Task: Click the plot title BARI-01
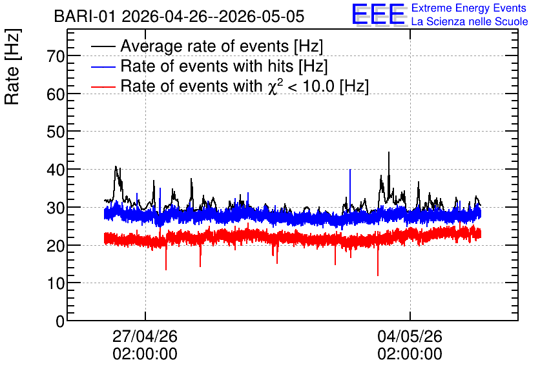point(85,16)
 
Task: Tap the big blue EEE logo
point(379,14)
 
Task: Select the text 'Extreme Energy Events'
point(469,8)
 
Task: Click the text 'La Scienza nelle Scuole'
point(470,21)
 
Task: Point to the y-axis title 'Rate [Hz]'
point(12,66)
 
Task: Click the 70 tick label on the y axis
point(56,55)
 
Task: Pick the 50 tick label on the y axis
point(56,132)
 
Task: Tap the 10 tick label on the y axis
point(56,283)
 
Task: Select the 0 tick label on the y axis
point(60,321)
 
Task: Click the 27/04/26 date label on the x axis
point(145,336)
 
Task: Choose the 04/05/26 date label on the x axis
point(410,336)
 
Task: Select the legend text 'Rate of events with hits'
point(224,66)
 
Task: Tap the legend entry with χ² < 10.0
point(245,86)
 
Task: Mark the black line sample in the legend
point(103,46)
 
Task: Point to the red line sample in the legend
point(103,86)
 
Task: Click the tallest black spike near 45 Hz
point(389,152)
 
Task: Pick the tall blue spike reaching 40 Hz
point(350,170)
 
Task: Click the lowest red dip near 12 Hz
point(378,275)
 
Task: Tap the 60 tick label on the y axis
point(56,94)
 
